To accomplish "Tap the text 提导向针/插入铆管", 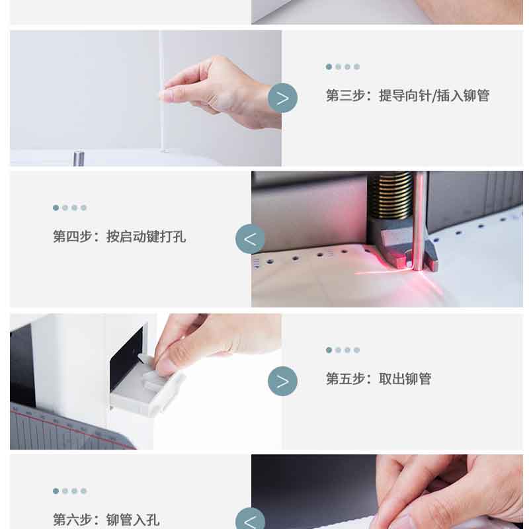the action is [434, 95].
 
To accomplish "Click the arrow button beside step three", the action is [283, 98].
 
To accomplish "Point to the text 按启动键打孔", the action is [146, 236].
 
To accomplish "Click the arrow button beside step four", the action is [250, 239].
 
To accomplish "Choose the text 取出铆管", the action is [405, 378].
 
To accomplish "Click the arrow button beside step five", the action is [283, 382].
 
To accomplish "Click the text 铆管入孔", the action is [133, 520].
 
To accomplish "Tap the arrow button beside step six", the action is [250, 520].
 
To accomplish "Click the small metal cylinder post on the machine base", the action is [79, 158].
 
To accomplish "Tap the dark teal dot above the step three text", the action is [329, 67].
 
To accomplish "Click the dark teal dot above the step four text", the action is [56, 208].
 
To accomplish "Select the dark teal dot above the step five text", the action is [329, 350].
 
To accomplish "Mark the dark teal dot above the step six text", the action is [56, 491].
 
